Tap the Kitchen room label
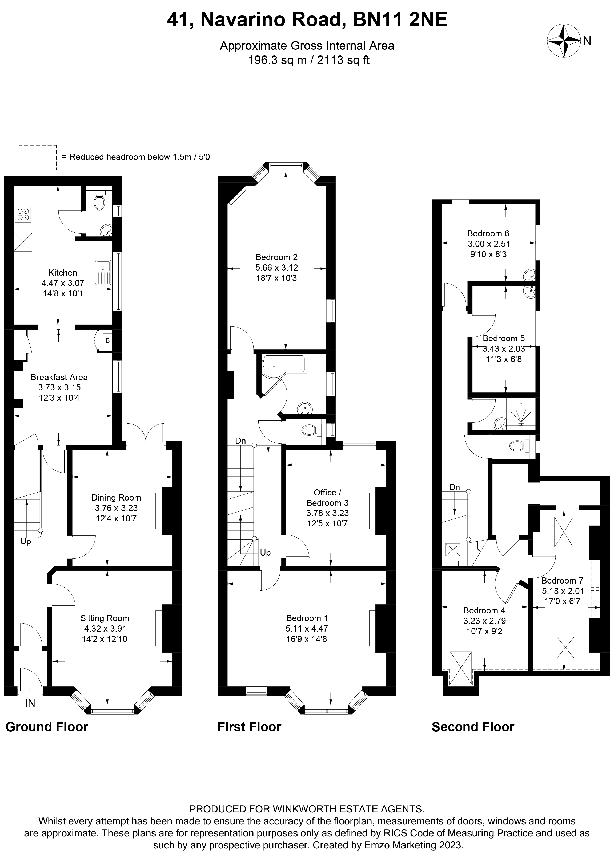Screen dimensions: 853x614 click(x=63, y=273)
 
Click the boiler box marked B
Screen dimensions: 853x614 click(x=107, y=341)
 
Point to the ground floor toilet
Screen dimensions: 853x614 click(x=99, y=202)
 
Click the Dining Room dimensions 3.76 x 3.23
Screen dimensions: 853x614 click(x=116, y=508)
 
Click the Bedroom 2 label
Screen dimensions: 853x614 click(x=276, y=257)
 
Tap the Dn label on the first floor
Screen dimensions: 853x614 click(x=240, y=441)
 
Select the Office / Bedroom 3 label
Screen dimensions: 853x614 click(x=327, y=498)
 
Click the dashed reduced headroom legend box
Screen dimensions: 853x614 click(x=38, y=158)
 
